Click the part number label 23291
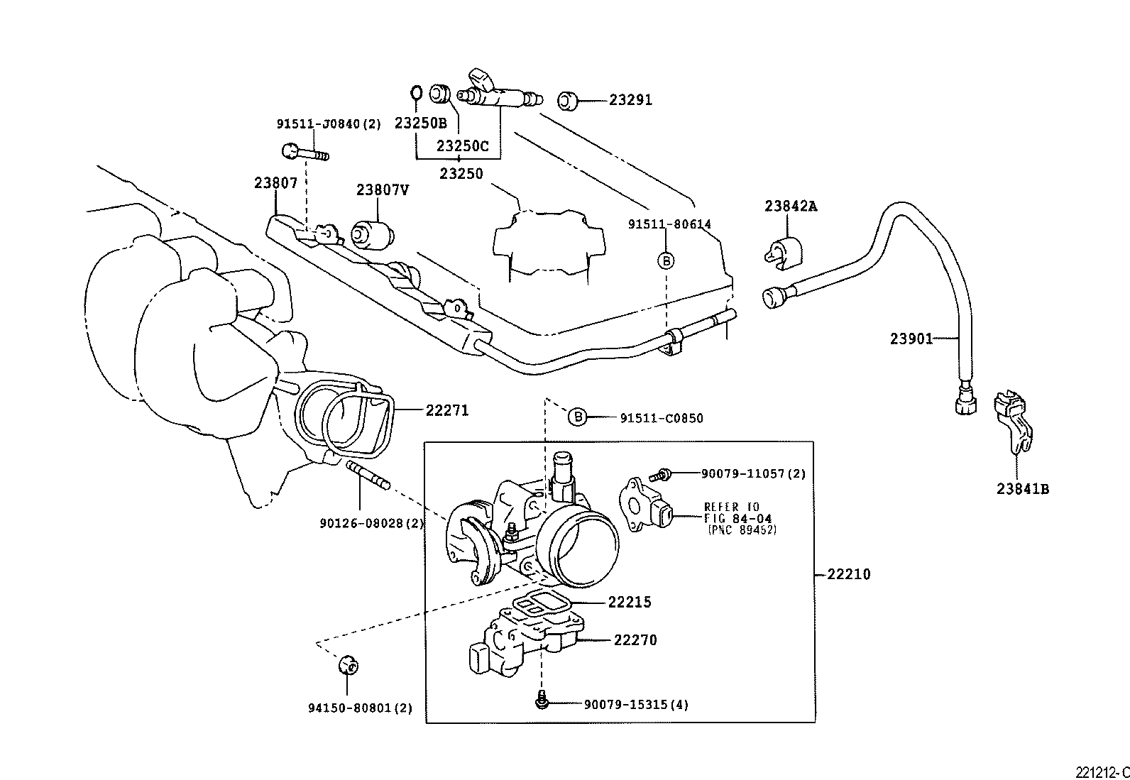point(630,100)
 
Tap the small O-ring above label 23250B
point(417,92)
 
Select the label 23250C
point(462,146)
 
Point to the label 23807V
point(383,189)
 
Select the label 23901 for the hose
point(911,339)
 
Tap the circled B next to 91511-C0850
point(578,417)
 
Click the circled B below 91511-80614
point(666,260)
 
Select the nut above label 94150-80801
point(347,665)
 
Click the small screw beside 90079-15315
point(542,701)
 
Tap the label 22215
point(629,602)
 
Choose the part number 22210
point(848,573)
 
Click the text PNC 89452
point(742,529)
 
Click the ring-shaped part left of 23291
point(566,101)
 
